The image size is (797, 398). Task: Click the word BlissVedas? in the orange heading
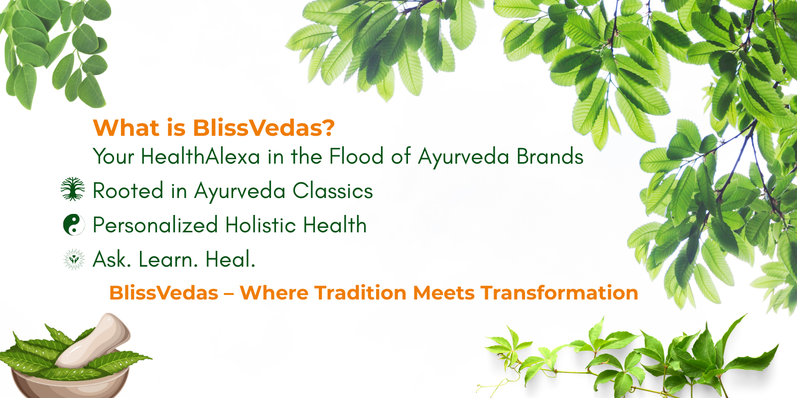(x=264, y=127)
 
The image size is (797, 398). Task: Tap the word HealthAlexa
(x=200, y=156)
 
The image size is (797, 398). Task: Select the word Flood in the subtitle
(x=356, y=156)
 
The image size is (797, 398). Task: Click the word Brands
(x=550, y=156)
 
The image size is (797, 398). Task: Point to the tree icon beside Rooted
(x=73, y=189)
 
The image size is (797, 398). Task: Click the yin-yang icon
(x=74, y=224)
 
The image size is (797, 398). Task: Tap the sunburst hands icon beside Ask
(x=74, y=259)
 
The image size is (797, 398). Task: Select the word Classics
(x=333, y=191)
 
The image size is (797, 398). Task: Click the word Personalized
(x=155, y=225)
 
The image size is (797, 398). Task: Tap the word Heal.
(x=231, y=259)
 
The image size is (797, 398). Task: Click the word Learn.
(x=168, y=259)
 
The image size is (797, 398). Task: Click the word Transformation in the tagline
(x=559, y=293)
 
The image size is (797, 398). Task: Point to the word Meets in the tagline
(x=443, y=293)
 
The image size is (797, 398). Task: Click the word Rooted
(x=128, y=191)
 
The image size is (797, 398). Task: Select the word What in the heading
(x=126, y=127)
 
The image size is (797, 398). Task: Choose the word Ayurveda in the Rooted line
(x=240, y=192)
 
